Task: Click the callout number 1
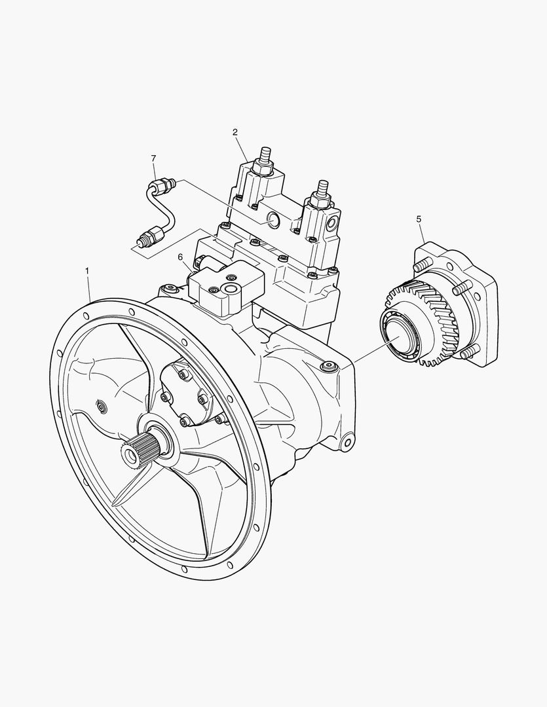(87, 270)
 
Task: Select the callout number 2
(235, 132)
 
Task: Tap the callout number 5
(419, 219)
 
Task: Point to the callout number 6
(181, 257)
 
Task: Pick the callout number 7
(153, 158)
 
